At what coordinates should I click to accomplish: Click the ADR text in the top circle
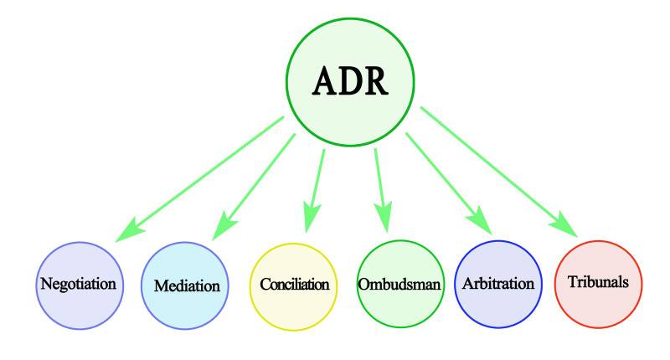coord(349,80)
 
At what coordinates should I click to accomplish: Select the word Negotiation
coord(77,283)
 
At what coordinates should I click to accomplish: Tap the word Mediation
coord(187,285)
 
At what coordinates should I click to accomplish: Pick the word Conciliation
coord(293,284)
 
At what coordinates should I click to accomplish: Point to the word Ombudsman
coord(399,284)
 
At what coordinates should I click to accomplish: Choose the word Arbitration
coord(498,283)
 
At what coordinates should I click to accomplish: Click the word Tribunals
coord(598,282)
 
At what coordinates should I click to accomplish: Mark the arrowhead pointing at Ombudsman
coord(384,219)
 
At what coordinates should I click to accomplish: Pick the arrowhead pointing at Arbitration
coord(480,224)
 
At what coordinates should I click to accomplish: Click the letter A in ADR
coord(325,80)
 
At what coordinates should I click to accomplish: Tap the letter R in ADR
coord(374,80)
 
